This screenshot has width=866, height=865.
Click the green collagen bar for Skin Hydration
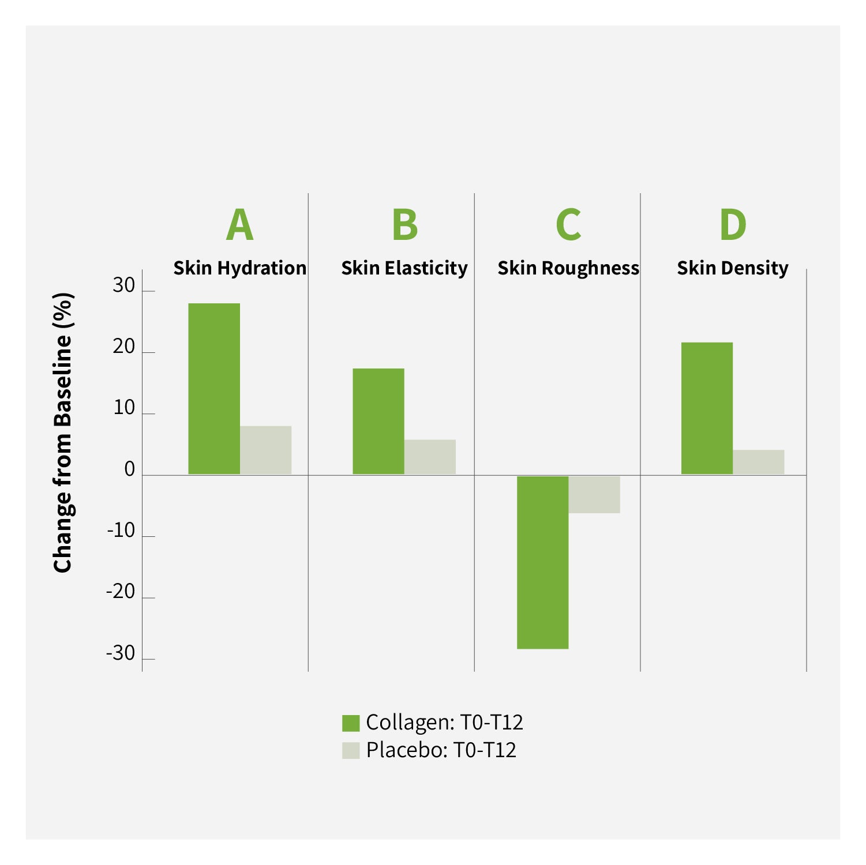click(214, 389)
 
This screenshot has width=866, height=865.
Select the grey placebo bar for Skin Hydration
click(265, 450)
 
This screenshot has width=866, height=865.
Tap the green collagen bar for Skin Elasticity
click(378, 421)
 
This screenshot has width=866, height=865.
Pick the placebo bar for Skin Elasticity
click(430, 457)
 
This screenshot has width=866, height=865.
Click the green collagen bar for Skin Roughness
click(542, 562)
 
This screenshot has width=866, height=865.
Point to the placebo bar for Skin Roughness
click(594, 494)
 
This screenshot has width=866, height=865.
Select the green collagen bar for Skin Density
click(707, 408)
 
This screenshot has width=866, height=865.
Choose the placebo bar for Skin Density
click(758, 462)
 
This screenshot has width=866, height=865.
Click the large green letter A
click(240, 225)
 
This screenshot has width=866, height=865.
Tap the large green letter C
click(568, 225)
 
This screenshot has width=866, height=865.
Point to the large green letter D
click(733, 225)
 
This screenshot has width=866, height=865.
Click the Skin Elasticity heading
click(404, 268)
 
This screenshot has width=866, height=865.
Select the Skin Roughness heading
click(568, 268)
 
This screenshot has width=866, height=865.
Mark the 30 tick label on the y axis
click(124, 285)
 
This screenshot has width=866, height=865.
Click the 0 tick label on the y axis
click(129, 469)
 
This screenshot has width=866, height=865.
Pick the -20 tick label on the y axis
click(121, 592)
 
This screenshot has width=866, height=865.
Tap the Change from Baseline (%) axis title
click(63, 432)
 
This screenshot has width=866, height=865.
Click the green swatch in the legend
click(351, 723)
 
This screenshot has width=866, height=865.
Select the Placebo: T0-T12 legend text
click(441, 750)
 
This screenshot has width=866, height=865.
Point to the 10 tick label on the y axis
click(124, 408)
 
